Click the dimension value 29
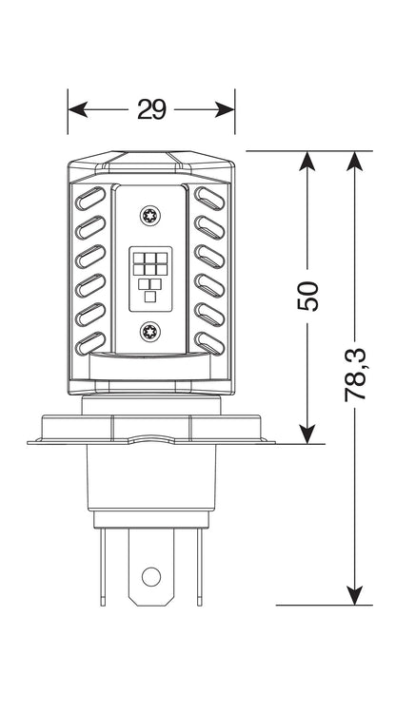151,109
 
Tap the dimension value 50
307,296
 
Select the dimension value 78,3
355,375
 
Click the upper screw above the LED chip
149,215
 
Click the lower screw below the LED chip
149,331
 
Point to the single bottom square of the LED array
150,297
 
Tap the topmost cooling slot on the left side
90,199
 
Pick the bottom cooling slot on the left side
90,343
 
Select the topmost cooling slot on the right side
209,199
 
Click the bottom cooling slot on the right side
209,343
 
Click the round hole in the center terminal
151,577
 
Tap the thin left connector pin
103,567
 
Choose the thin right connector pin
199,567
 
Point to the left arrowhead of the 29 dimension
78,109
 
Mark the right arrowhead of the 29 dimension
225,109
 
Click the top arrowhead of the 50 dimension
307,161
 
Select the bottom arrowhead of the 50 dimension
307,434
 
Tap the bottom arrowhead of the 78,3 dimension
355,595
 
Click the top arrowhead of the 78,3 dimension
355,161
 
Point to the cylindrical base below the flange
151,476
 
